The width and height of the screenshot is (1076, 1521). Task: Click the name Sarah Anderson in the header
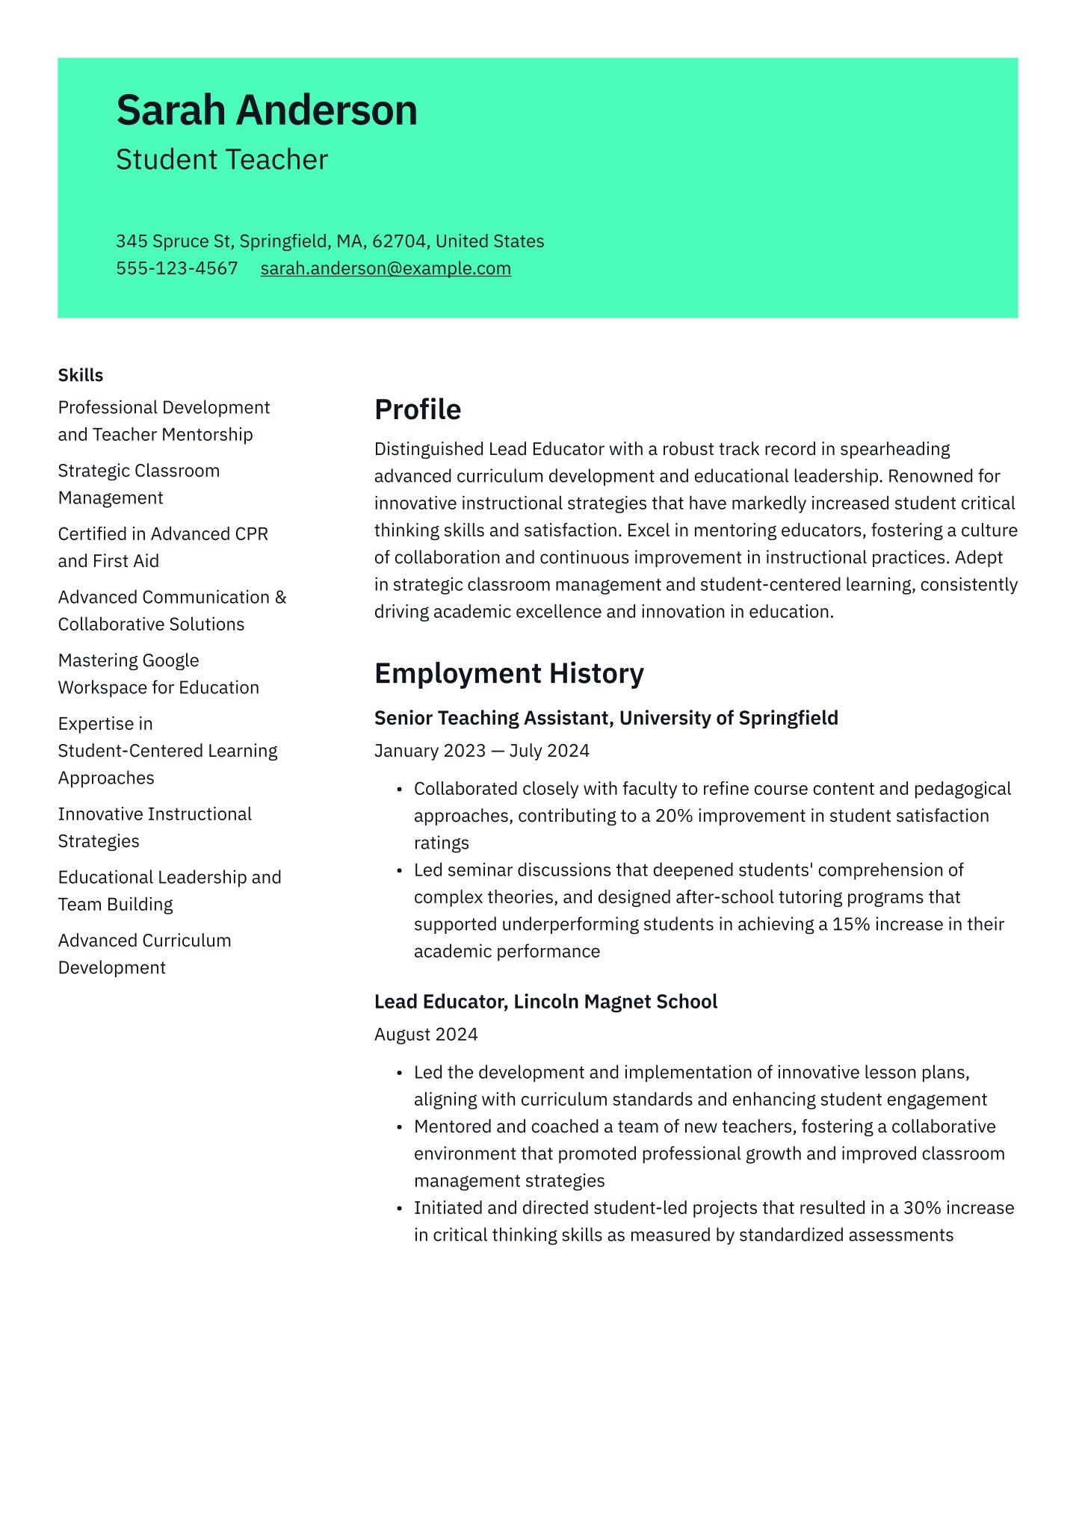click(267, 111)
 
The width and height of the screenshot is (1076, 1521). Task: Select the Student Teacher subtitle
click(222, 160)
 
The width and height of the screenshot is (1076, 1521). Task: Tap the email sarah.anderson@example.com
click(386, 268)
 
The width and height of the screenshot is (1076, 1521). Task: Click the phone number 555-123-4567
click(177, 268)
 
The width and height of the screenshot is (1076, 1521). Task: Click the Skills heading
click(81, 375)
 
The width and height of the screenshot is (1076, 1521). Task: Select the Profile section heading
click(418, 409)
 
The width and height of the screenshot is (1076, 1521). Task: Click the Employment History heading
click(509, 673)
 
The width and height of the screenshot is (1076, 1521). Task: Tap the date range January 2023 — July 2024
click(482, 751)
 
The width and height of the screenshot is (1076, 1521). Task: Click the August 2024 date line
click(426, 1035)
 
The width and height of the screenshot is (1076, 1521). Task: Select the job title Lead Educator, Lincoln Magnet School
click(545, 1002)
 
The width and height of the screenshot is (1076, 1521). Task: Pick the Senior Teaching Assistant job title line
click(606, 718)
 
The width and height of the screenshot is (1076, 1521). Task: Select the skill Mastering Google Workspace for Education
click(158, 674)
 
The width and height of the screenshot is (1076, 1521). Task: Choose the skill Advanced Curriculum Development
click(145, 954)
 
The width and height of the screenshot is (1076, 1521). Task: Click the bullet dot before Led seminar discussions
click(400, 871)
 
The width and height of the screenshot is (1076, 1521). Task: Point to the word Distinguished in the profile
click(428, 449)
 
